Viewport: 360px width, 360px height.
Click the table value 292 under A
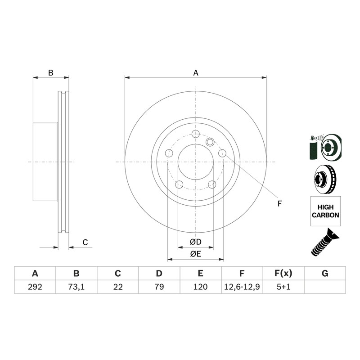35,287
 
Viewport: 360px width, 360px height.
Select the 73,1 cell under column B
76,287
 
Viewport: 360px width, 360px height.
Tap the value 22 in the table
118,287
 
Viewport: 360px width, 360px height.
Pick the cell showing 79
159,287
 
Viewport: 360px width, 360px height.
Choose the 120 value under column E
200,287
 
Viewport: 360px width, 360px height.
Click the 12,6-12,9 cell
242,287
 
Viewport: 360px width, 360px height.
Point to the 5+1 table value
283,287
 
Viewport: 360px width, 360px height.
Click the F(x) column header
283,274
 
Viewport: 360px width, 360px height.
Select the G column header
325,274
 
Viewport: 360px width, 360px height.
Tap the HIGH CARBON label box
325,211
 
